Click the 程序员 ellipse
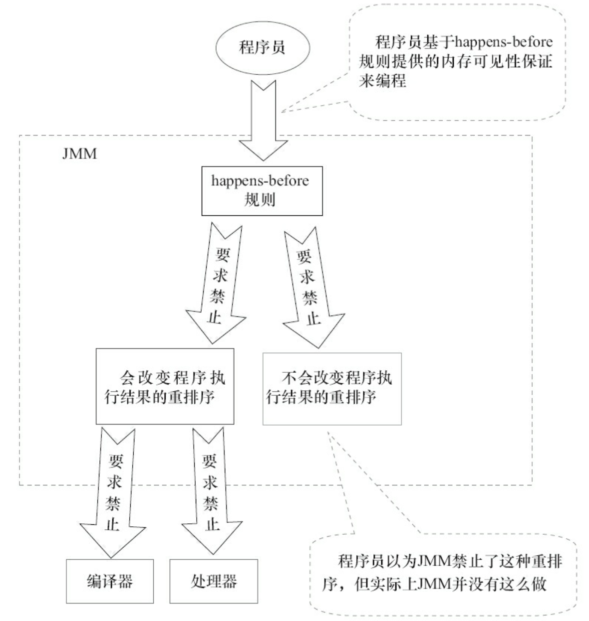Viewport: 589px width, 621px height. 262,48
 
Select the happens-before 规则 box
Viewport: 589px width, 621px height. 260,190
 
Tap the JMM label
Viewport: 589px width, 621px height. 79,154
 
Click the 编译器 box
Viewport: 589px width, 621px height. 109,581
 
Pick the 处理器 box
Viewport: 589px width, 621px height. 214,581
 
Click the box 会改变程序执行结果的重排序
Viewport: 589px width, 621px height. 165,386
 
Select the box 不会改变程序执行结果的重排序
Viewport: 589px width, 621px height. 332,388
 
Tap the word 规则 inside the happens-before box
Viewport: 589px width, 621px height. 260,200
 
